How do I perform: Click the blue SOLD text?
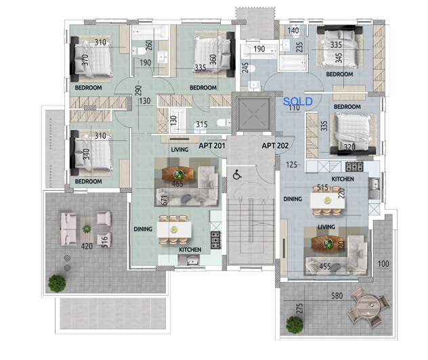tap(298, 101)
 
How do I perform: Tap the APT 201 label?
tap(211, 145)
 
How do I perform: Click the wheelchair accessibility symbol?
tap(238, 175)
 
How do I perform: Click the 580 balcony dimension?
tap(337, 296)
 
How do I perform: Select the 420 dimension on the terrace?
tap(87, 246)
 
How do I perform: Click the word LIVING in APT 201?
tap(179, 150)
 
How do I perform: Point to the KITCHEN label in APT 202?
tap(343, 179)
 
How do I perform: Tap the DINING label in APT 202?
tap(293, 199)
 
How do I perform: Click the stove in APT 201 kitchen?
tap(216, 238)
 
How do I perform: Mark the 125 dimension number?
tap(292, 164)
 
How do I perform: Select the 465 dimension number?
tap(178, 183)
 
